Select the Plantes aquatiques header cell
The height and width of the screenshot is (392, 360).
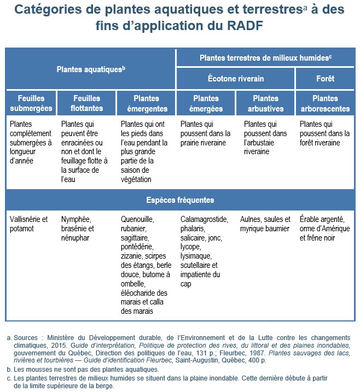91,69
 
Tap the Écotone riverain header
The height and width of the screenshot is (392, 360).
236,79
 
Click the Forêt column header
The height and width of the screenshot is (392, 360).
325,79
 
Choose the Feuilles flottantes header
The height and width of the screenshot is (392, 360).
86,103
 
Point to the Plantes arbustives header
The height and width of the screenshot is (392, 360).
265,103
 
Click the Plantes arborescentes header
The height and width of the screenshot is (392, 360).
325,103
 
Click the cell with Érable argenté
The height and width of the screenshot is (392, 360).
325,229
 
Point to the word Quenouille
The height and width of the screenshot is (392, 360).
137,219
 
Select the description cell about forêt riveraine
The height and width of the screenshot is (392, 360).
324,133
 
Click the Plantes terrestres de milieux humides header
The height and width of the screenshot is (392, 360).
266,57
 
